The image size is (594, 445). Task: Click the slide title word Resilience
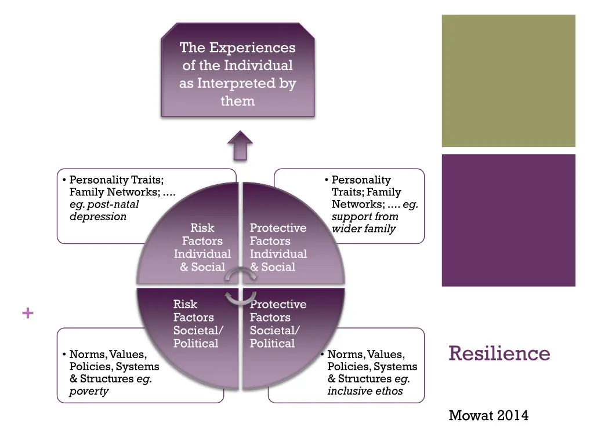(499, 353)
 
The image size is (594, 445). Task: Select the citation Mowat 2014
(488, 415)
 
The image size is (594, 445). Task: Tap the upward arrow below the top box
(240, 145)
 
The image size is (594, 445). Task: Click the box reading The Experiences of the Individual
(237, 70)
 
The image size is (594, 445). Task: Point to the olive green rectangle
(508, 81)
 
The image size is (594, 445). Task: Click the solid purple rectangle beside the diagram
(508, 220)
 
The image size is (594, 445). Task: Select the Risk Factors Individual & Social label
(202, 247)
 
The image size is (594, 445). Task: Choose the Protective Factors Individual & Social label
(278, 247)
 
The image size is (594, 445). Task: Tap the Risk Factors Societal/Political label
(195, 324)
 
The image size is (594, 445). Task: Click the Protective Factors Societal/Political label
(278, 324)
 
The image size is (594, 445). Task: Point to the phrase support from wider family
(364, 222)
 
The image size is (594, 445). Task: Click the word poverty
(89, 391)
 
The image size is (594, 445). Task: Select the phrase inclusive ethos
(365, 391)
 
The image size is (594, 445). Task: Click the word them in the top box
(237, 101)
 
